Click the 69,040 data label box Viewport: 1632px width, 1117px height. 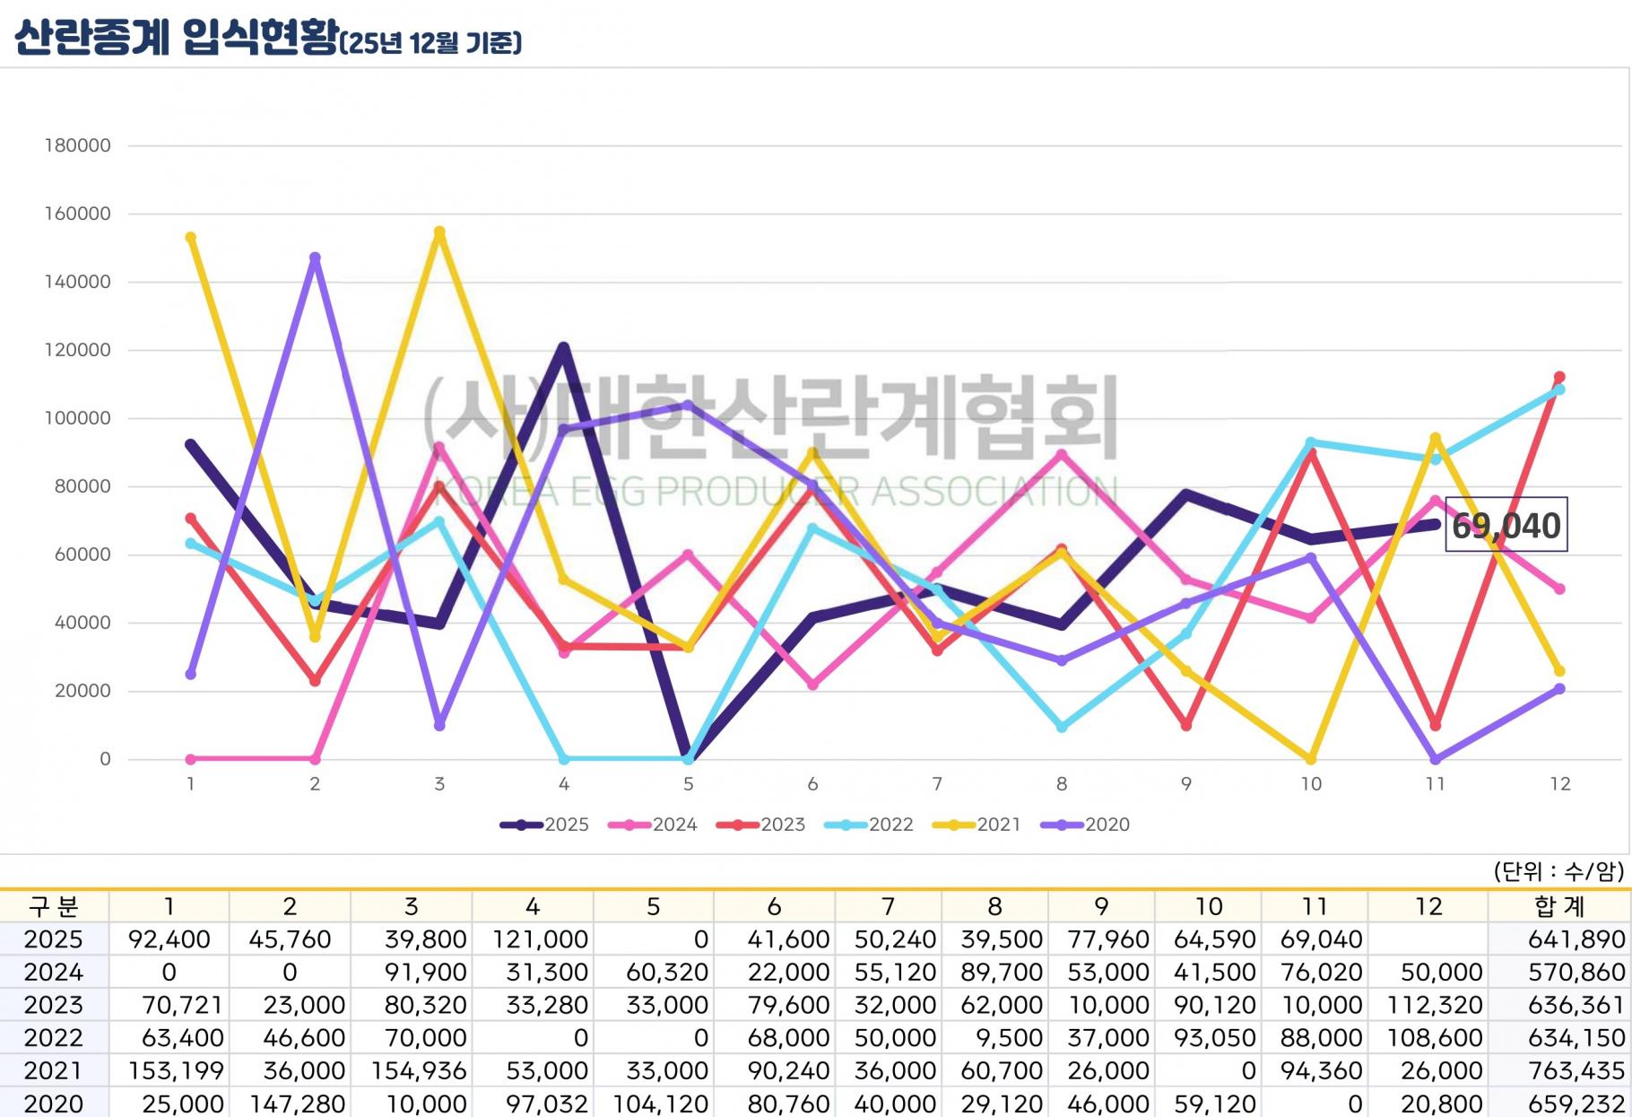click(1506, 525)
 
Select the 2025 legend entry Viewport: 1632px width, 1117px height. click(545, 825)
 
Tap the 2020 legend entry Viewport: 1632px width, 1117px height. click(1086, 825)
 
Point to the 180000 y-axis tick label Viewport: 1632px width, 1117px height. click(78, 145)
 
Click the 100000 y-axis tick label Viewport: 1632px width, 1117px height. click(78, 418)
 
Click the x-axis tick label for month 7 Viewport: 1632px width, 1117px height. click(937, 784)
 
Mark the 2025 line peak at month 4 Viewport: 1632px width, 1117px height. click(563, 348)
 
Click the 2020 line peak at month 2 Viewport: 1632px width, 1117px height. click(315, 258)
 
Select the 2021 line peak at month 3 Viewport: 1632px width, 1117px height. click(439, 232)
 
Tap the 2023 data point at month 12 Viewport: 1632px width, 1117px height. click(1559, 378)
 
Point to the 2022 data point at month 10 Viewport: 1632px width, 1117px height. click(1311, 442)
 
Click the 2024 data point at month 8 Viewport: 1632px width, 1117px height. click(1062, 454)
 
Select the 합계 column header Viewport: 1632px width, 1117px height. click(1559, 906)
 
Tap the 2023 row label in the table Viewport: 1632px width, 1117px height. click(53, 1005)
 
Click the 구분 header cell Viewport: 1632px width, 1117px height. click(53, 906)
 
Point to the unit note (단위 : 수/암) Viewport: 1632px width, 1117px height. click(1558, 870)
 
